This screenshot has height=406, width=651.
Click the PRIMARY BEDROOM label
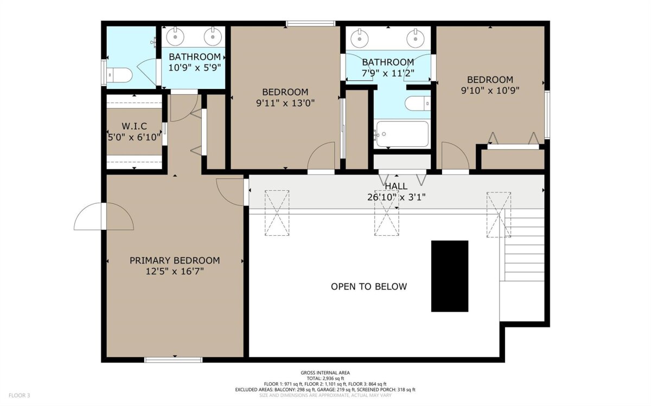pyautogui.click(x=175, y=261)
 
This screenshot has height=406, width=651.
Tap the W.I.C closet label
pyautogui.click(x=135, y=126)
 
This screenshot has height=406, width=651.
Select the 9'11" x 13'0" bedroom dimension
pyautogui.click(x=285, y=103)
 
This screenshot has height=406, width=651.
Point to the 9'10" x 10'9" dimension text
pyautogui.click(x=490, y=91)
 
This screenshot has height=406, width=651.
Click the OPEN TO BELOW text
pyautogui.click(x=369, y=287)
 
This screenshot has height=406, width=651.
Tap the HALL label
pyautogui.click(x=396, y=186)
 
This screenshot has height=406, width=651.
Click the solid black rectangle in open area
pyautogui.click(x=450, y=276)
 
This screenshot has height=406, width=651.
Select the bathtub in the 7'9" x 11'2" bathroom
pyautogui.click(x=403, y=134)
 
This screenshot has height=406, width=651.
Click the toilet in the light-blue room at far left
pyautogui.click(x=120, y=75)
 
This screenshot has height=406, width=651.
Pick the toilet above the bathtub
pyautogui.click(x=418, y=104)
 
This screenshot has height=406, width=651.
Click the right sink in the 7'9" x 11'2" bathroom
pyautogui.click(x=416, y=38)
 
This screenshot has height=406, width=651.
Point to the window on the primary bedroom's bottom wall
pyautogui.click(x=174, y=360)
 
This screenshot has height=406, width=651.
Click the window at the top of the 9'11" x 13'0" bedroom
pyautogui.click(x=310, y=23)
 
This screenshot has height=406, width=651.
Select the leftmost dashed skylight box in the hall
pyautogui.click(x=277, y=213)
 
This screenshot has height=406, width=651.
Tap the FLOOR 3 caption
pyautogui.click(x=19, y=395)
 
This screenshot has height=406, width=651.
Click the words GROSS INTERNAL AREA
pyautogui.click(x=325, y=372)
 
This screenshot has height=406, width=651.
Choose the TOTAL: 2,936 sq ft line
pyautogui.click(x=325, y=378)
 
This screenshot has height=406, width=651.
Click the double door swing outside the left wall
pyautogui.click(x=104, y=216)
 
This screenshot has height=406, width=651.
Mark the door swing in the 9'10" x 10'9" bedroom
pyautogui.click(x=455, y=156)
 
